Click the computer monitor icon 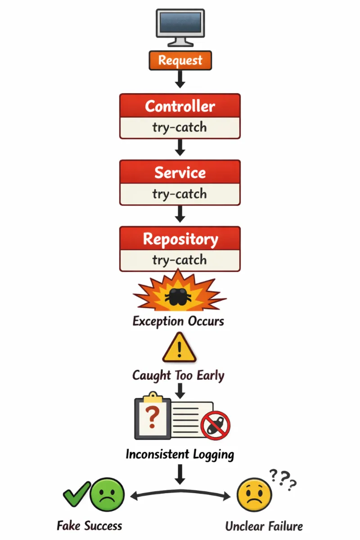(180, 27)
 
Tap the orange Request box (180, 60)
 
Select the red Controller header (180, 107)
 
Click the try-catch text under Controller (180, 128)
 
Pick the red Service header (180, 173)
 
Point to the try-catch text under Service (180, 194)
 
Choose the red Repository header (180, 239)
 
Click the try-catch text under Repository (180, 260)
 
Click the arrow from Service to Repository (180, 214)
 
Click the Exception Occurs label (178, 321)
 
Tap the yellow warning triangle (180, 348)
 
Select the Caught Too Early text (178, 375)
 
